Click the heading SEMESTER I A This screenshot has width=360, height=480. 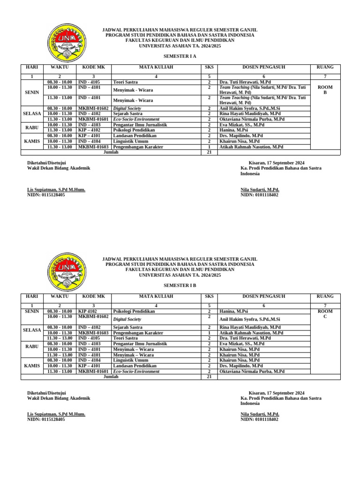pyautogui.click(x=180, y=56)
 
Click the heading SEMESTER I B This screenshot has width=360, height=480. pyautogui.click(x=180, y=285)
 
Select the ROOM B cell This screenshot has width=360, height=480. pyautogui.click(x=325, y=90)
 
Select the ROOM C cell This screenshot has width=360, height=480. pyautogui.click(x=325, y=314)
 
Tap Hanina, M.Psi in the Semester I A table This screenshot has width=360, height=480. pyautogui.click(x=233, y=130)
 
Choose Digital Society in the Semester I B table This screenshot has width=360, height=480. pyautogui.click(x=127, y=319)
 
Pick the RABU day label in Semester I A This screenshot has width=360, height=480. pyautogui.click(x=32, y=127)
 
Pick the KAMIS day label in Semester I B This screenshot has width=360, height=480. pyautogui.click(x=32, y=365)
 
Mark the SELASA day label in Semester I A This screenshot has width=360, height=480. pyautogui.click(x=32, y=113)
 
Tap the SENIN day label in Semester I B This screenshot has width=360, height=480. pyautogui.click(x=32, y=311)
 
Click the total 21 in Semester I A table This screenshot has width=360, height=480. pyautogui.click(x=209, y=152)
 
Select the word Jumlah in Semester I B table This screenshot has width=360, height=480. pyautogui.click(x=111, y=376)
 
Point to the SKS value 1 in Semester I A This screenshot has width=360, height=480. pyautogui.click(x=209, y=147)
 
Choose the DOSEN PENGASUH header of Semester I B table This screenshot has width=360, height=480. pyautogui.click(x=263, y=296)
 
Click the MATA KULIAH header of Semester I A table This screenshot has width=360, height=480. pyautogui.click(x=156, y=67)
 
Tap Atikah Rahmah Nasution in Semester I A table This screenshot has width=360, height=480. pyautogui.click(x=251, y=147)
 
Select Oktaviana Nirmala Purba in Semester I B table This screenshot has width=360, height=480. pyautogui.click(x=252, y=371)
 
